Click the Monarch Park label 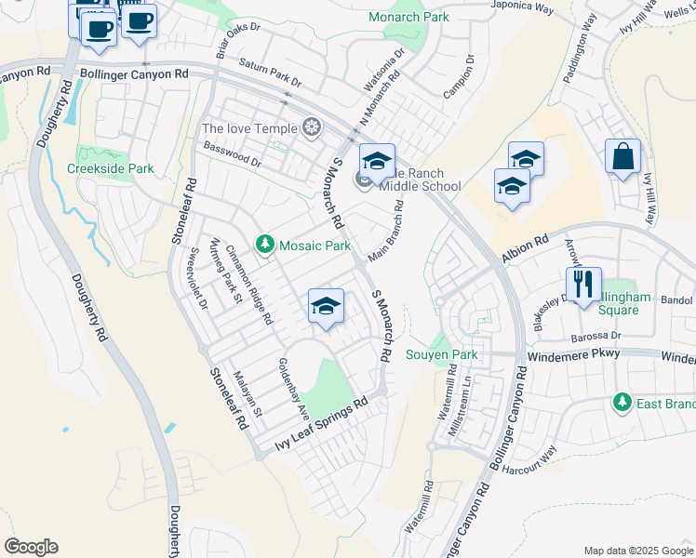click(408, 17)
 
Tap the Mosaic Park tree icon click(265, 245)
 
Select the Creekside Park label click(110, 168)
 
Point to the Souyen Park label click(441, 354)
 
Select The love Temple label click(249, 128)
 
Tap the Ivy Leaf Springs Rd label click(322, 426)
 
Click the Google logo click(31, 546)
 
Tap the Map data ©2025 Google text click(637, 551)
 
